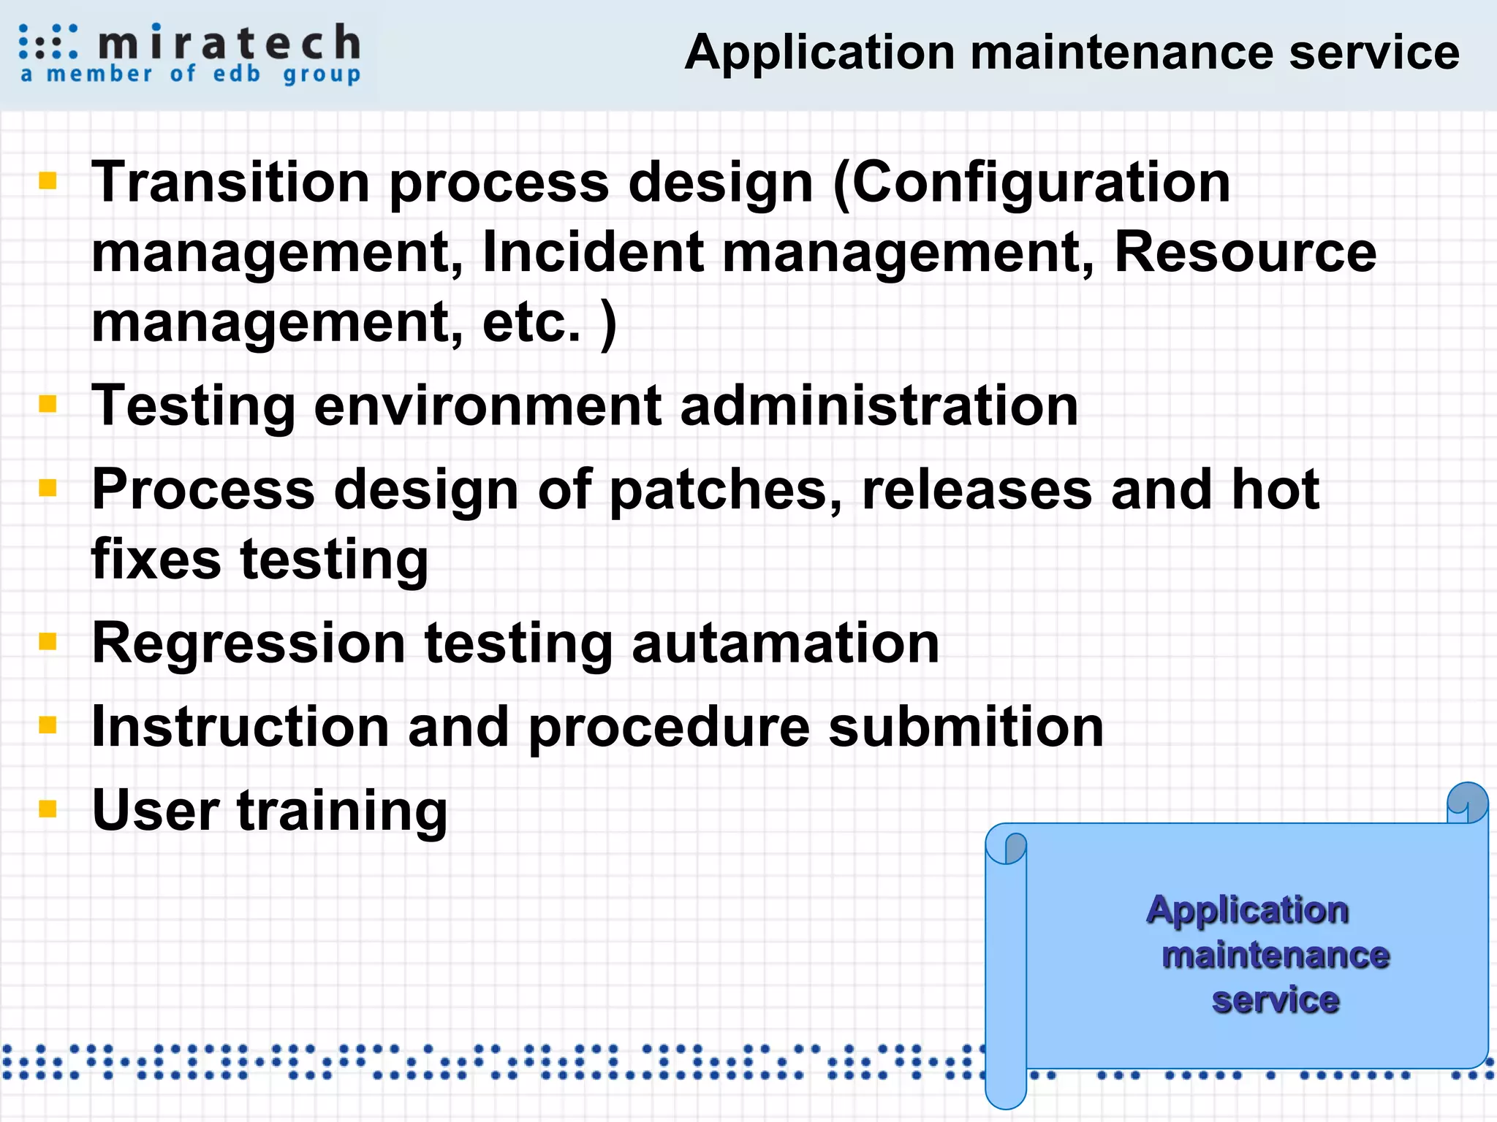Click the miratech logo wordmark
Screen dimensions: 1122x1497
pos(229,43)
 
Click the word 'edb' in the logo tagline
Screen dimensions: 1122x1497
pos(237,74)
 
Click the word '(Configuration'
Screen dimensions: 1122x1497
pos(1031,183)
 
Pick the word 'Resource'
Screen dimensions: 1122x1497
pos(1245,253)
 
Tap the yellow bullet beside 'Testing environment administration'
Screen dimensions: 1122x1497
pos(48,404)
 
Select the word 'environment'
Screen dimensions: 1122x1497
pos(488,406)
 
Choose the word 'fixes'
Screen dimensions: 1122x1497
pos(156,560)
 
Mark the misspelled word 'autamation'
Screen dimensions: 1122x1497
pos(785,644)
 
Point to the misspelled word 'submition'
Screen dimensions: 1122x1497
pos(966,727)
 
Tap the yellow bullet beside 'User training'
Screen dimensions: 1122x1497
pos(48,809)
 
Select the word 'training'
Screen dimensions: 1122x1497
pos(342,812)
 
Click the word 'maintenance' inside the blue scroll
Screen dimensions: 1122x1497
pos(1276,955)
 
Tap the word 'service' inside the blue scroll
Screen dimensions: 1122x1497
pos(1276,1000)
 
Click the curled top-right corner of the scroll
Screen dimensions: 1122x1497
pos(1467,802)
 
